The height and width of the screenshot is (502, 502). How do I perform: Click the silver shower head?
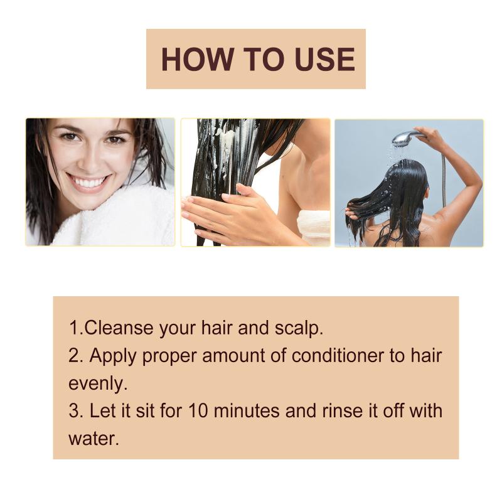pyautogui.click(x=405, y=138)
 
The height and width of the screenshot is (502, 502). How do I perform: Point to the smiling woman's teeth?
pyautogui.click(x=88, y=182)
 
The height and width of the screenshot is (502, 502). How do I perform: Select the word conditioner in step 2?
pyautogui.click(x=338, y=356)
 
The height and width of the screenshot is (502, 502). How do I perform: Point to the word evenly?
pyautogui.click(x=98, y=384)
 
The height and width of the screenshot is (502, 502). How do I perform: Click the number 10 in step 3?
pyautogui.click(x=198, y=411)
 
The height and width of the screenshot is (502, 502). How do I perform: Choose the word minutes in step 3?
pyautogui.click(x=247, y=411)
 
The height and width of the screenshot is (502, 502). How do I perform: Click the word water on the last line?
pyautogui.click(x=93, y=439)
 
